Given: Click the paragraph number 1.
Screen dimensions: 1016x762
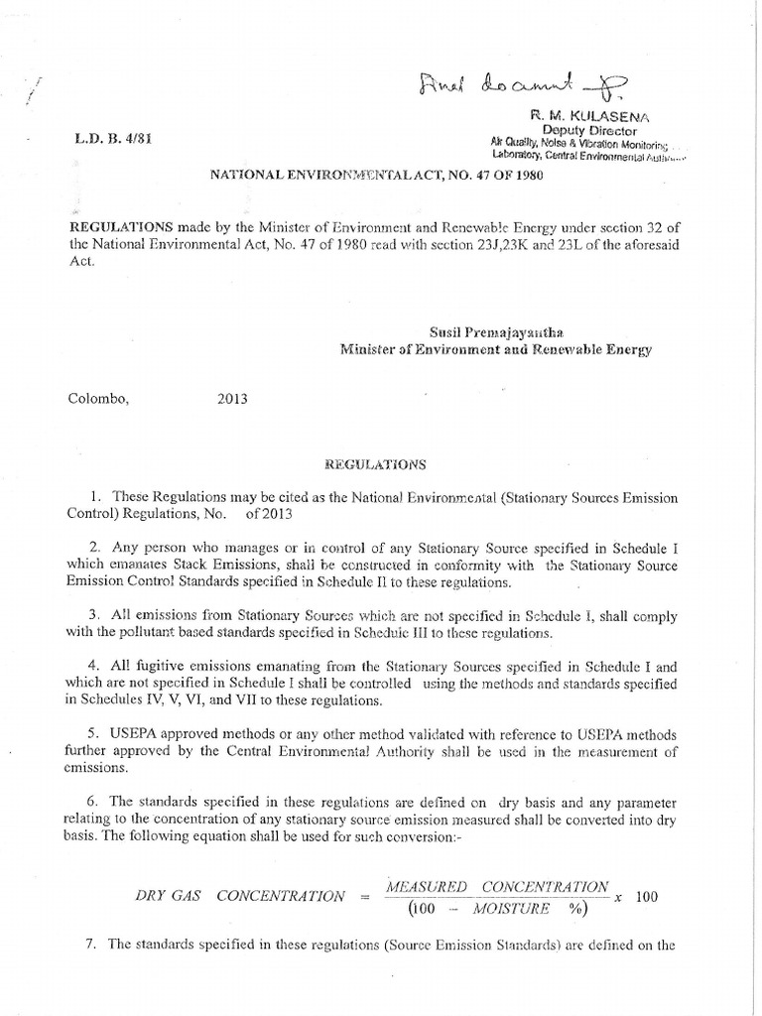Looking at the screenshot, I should (x=96, y=496).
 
